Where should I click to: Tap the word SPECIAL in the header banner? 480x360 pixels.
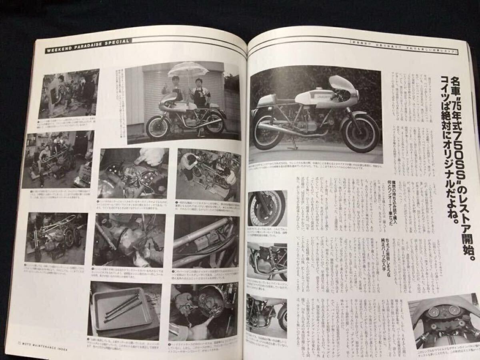pyautogui.click(x=116, y=42)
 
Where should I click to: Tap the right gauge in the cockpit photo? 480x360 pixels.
pyautogui.click(x=454, y=310)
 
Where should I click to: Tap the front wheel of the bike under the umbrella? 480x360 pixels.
pyautogui.click(x=158, y=126)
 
